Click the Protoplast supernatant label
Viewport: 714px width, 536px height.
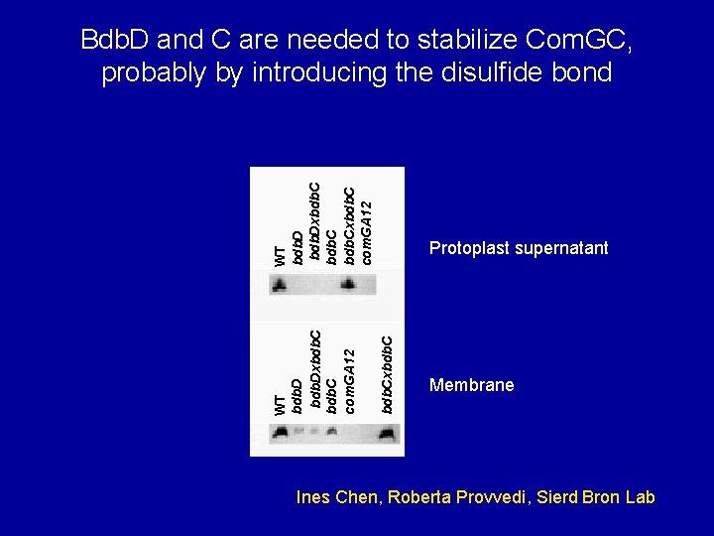click(x=519, y=248)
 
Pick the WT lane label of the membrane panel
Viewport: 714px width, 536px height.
click(x=281, y=403)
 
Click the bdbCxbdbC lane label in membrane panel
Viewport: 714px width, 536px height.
click(x=388, y=373)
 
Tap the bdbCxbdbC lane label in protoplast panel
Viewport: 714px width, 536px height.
click(x=349, y=223)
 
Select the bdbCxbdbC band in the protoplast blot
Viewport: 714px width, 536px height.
click(x=348, y=286)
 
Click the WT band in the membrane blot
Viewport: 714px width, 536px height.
click(x=282, y=432)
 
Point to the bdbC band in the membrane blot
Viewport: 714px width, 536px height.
click(x=330, y=433)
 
